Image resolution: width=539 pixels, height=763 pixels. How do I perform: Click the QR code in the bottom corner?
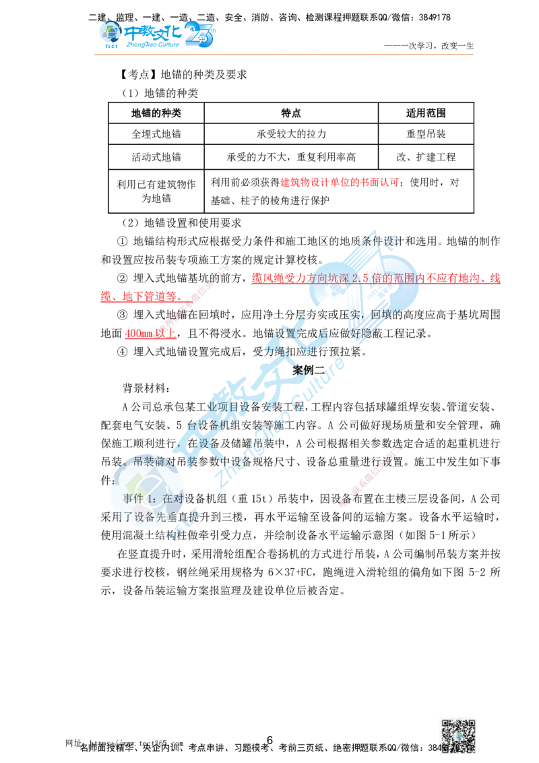[x=458, y=735]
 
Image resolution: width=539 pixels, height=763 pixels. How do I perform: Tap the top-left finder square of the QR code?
[x=447, y=725]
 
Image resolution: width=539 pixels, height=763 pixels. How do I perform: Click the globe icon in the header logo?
[x=108, y=32]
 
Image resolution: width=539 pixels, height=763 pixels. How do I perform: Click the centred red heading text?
[x=339, y=182]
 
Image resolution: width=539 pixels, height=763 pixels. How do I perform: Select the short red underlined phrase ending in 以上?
[x=151, y=333]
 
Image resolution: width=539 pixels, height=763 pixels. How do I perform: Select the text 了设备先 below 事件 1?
[x=145, y=518]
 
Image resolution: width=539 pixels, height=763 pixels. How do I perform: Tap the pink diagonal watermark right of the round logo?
[x=371, y=475]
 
